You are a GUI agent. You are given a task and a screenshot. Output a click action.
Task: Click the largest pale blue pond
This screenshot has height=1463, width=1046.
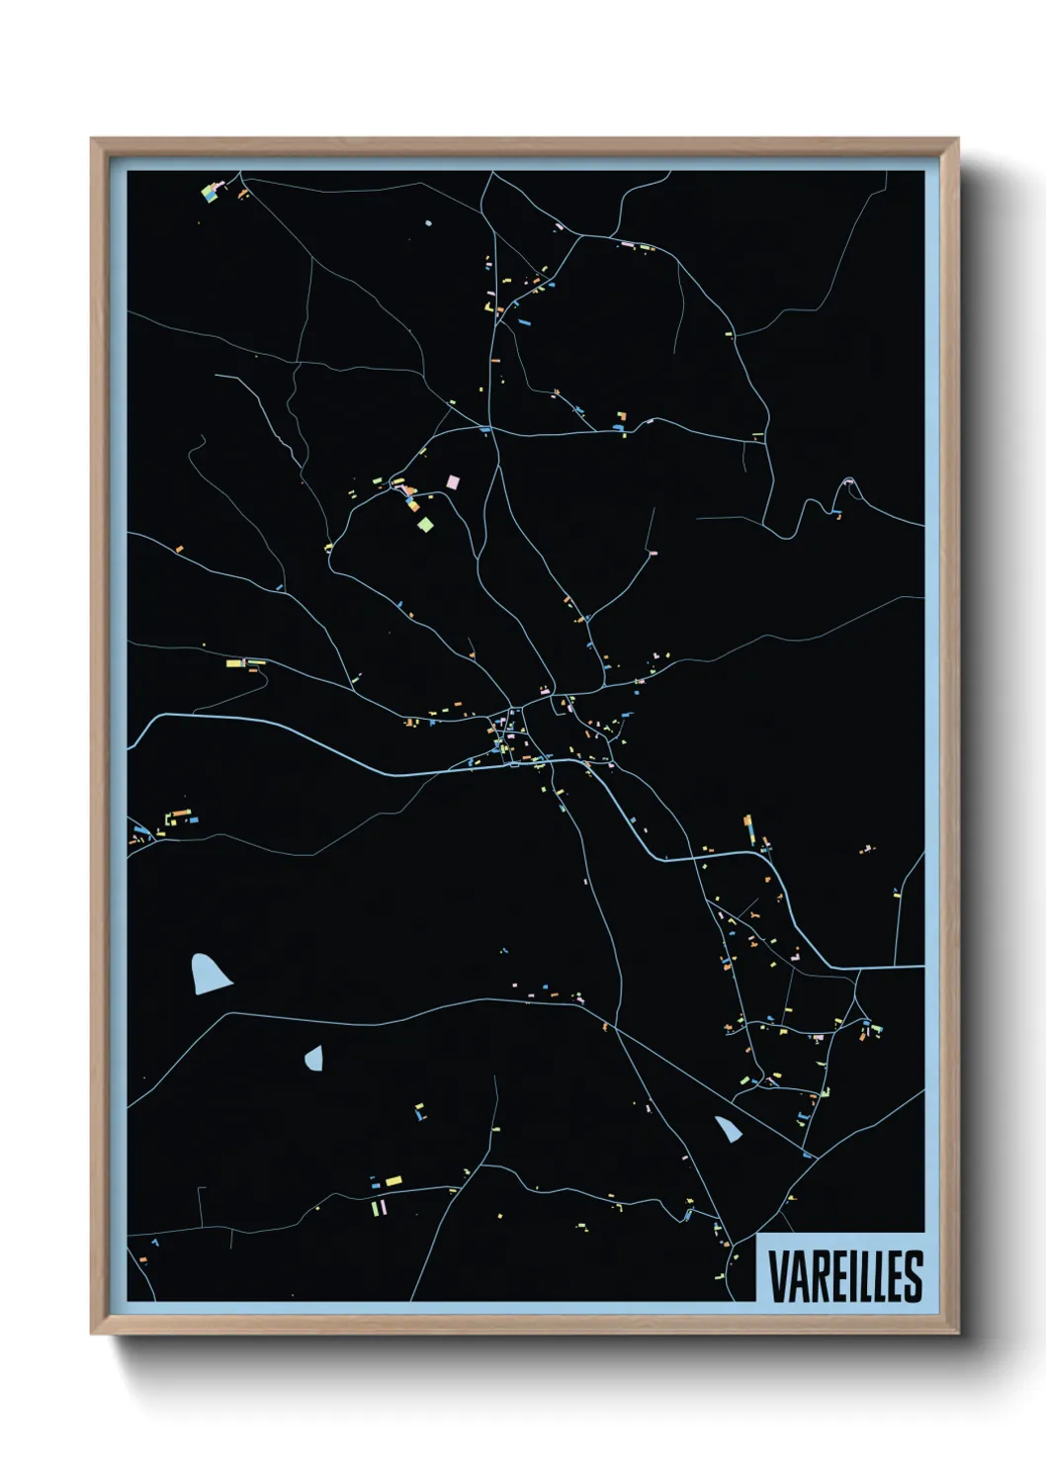(208, 974)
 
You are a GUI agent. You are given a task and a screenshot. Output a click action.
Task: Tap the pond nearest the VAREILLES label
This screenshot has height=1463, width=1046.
(730, 1127)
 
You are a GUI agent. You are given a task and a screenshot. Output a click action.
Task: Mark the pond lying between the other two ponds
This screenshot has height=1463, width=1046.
(314, 1059)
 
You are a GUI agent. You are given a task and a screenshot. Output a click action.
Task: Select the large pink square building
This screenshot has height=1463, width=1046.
(454, 481)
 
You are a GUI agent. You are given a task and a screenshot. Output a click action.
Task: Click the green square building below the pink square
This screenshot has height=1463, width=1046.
(425, 524)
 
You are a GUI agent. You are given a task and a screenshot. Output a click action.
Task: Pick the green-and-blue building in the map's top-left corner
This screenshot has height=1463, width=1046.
(210, 191)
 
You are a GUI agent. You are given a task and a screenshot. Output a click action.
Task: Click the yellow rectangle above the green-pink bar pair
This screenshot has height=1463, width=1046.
(392, 1180)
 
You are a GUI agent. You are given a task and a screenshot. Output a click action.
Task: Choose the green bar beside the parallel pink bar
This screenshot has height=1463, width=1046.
(375, 1207)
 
